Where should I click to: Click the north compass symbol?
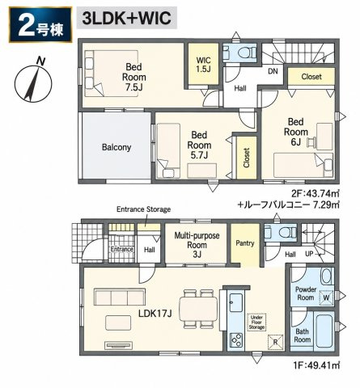[x=33, y=82]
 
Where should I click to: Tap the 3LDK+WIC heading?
[x=127, y=19]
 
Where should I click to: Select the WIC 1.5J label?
[x=203, y=65]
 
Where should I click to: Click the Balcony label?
[x=116, y=147]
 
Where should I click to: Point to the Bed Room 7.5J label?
[x=134, y=77]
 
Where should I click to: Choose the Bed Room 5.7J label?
[x=199, y=145]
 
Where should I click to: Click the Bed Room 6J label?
[x=296, y=132]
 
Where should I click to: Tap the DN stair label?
[x=273, y=71]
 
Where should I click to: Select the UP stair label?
[x=309, y=254]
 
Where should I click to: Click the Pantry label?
[x=245, y=243]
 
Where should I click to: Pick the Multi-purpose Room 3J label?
[x=197, y=245]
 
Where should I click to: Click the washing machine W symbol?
[x=326, y=297]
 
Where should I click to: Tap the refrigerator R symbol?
[x=275, y=343]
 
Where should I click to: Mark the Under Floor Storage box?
[x=256, y=322]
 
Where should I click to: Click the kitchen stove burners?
[x=235, y=340]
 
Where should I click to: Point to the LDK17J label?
[x=155, y=313]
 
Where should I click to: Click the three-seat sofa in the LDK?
[x=120, y=297]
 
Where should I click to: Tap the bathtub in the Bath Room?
[x=325, y=331]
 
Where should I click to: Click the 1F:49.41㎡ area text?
[x=316, y=365]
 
